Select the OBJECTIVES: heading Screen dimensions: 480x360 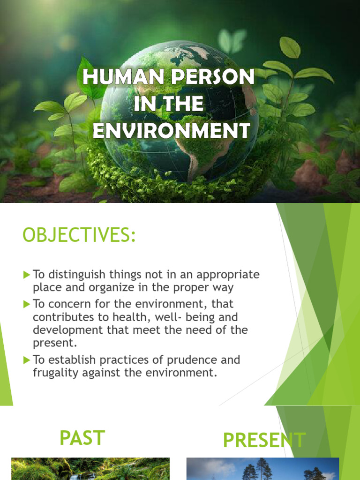point(79,235)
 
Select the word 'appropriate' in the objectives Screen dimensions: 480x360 point(228,275)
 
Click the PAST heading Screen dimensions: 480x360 point(82,438)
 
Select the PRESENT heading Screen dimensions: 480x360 point(264,440)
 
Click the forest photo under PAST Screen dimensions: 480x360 point(90,469)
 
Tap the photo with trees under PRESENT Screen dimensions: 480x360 point(262,469)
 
